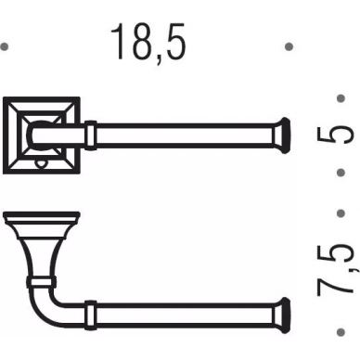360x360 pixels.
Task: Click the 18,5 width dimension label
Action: [x=148, y=42]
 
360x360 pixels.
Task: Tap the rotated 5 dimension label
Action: [x=335, y=135]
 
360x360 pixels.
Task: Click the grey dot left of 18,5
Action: [x=4, y=46]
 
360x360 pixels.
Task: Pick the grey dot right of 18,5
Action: [x=289, y=46]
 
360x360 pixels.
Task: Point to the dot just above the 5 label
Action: [x=341, y=98]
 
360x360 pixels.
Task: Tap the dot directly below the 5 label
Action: [x=341, y=173]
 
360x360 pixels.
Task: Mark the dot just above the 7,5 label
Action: [x=341, y=213]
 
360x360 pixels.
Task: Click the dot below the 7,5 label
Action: [x=341, y=332]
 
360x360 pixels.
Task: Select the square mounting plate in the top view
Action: [x=42, y=135]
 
